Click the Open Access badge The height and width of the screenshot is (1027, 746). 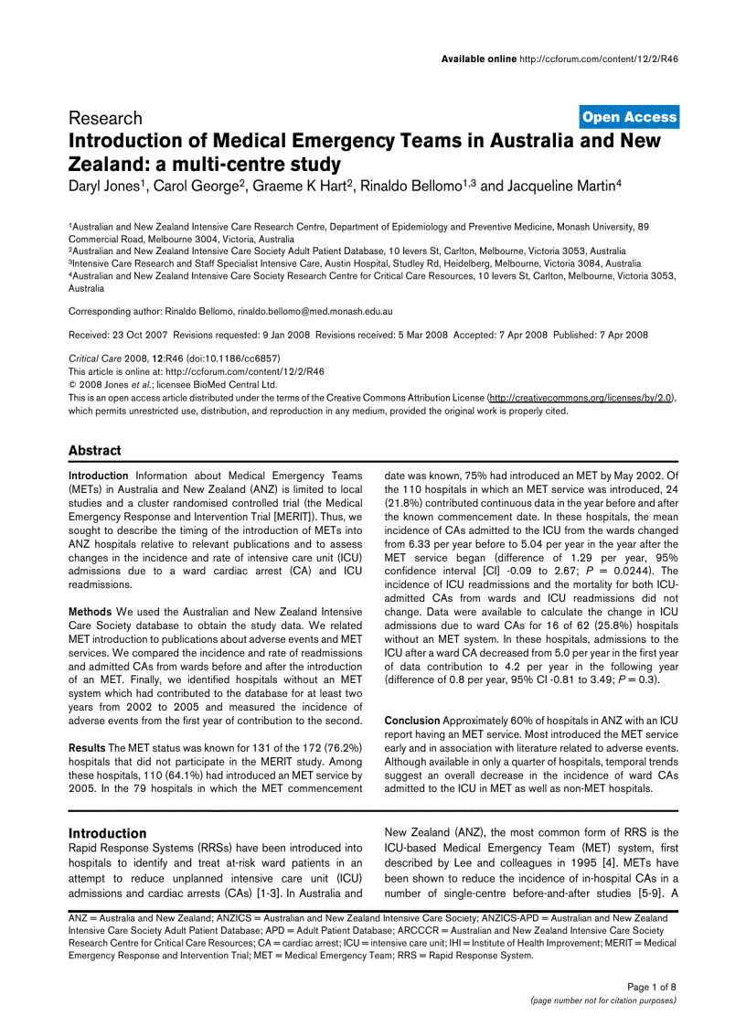(x=629, y=116)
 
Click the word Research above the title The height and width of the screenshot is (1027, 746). (x=105, y=118)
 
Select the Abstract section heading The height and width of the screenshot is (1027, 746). (x=94, y=450)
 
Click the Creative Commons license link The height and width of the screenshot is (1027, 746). (x=581, y=399)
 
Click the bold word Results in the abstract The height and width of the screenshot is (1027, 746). (x=87, y=748)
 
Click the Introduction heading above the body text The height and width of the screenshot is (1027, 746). (x=107, y=833)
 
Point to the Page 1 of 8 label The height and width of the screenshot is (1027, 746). (x=651, y=987)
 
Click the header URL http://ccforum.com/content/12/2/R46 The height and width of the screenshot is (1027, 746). (x=598, y=59)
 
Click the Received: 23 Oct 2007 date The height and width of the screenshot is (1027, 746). (x=118, y=335)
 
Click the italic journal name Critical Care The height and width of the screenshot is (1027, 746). (x=96, y=358)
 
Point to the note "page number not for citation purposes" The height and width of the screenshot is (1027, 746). (x=603, y=1000)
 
